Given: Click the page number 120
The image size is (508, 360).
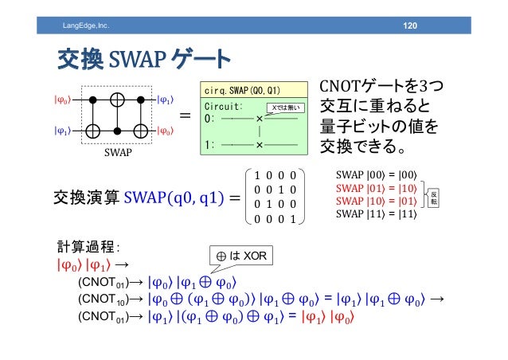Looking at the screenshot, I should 410,27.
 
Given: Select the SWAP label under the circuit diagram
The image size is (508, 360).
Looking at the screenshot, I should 117,155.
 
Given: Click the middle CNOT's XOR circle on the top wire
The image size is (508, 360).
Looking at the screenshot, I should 117,100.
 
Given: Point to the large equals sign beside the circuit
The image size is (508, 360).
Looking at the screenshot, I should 184,116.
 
